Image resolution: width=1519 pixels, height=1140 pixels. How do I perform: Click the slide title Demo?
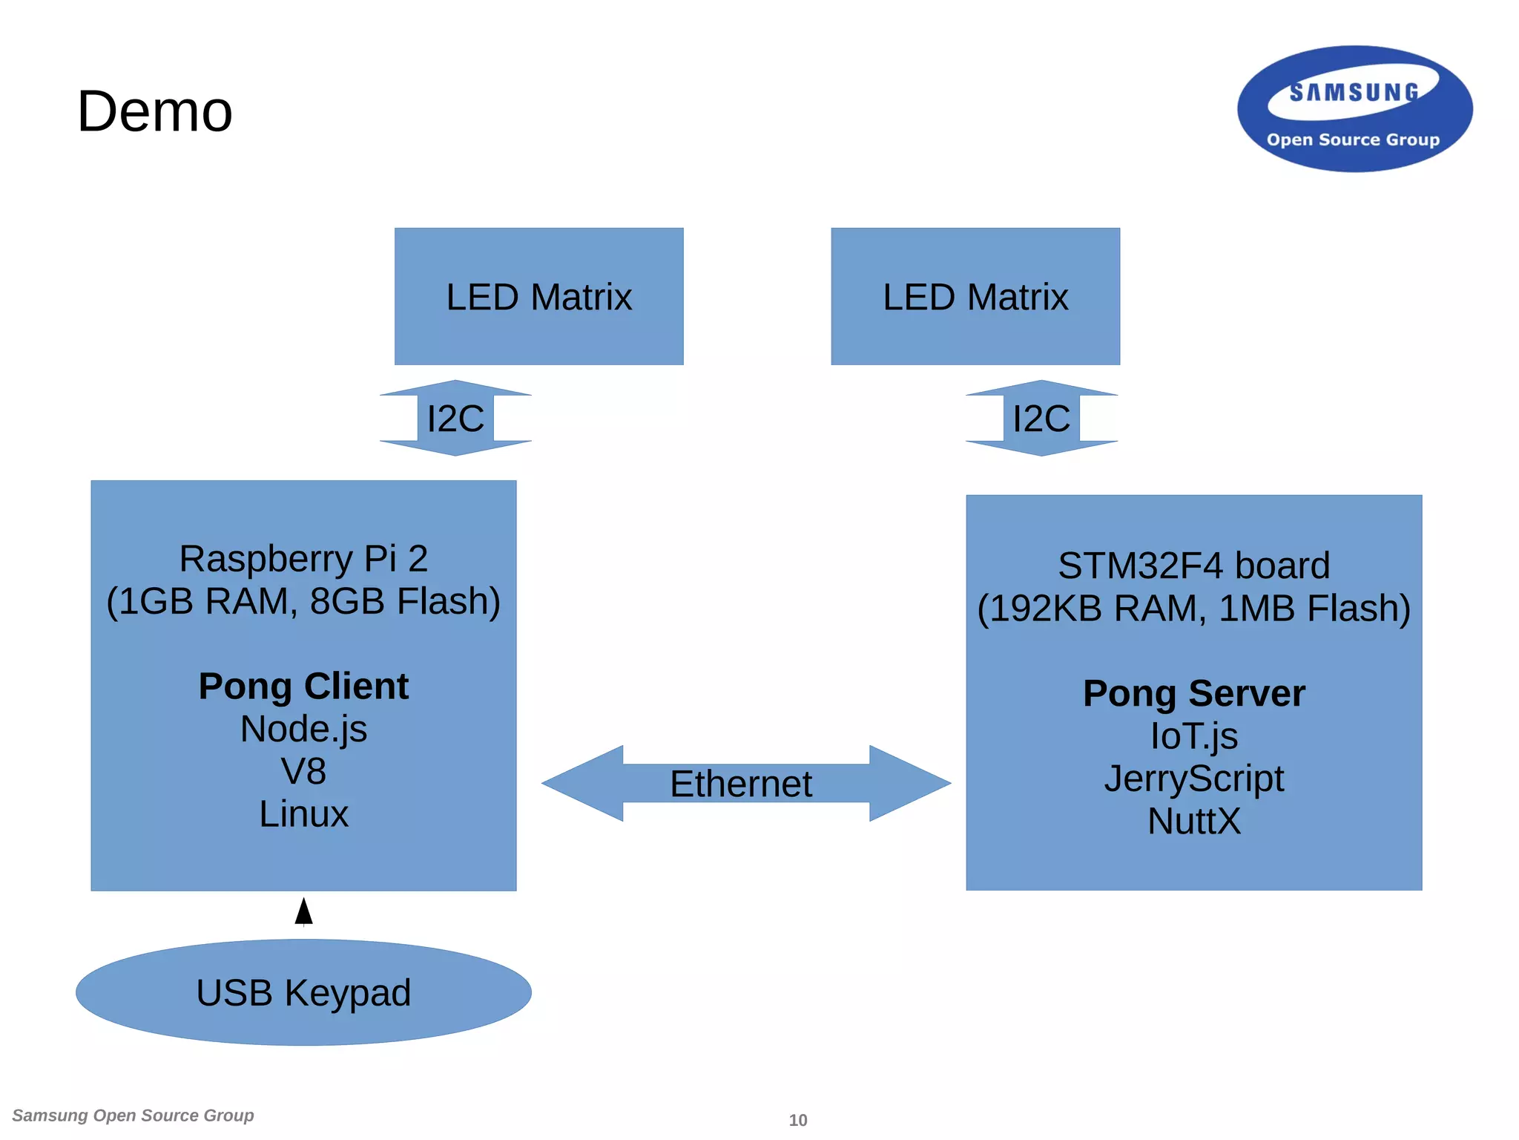154,111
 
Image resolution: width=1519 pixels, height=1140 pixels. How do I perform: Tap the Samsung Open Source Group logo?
1354,109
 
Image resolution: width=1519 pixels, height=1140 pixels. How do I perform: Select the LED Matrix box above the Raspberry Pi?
538,297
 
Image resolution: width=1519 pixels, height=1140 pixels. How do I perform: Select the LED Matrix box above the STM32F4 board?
975,297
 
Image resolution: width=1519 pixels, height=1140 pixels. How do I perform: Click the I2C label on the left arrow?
455,419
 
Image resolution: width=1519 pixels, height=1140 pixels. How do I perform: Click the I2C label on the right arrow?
1041,419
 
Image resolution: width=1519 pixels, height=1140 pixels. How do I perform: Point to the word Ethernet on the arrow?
740,784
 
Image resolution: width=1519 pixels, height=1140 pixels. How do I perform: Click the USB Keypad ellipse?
303,992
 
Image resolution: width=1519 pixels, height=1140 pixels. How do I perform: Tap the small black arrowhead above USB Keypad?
303,911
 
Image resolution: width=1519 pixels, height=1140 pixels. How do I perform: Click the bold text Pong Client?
303,686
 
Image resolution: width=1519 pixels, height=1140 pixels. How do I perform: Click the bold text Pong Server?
1193,693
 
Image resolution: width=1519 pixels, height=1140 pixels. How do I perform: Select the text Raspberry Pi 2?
303,558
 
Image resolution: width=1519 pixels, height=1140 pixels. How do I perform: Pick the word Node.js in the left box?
303,729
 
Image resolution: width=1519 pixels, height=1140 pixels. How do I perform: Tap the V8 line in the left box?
303,771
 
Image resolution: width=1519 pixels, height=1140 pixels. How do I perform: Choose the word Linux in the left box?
303,814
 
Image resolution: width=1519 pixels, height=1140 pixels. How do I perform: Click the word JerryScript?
1193,779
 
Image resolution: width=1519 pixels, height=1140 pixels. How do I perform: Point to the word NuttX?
1193,821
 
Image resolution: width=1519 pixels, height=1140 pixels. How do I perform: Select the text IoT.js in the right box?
1193,736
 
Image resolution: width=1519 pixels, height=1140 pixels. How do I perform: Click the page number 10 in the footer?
797,1120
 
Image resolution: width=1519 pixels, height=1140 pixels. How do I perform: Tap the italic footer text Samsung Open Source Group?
133,1116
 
